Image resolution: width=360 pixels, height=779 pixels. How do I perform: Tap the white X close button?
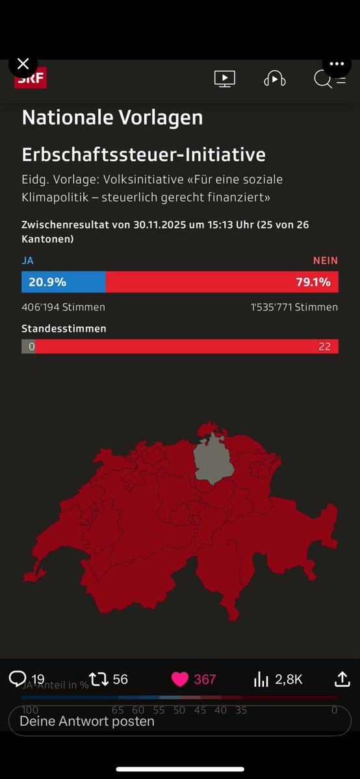click(x=23, y=64)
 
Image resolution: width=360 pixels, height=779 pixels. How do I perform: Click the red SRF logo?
click(x=31, y=79)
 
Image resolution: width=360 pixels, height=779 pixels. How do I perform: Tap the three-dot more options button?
click(x=336, y=64)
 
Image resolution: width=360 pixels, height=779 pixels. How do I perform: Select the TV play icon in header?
click(x=224, y=79)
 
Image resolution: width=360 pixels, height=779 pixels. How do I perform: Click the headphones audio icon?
click(x=274, y=79)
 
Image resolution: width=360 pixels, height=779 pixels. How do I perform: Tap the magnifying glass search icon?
click(x=322, y=79)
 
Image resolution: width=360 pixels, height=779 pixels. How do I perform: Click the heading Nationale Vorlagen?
click(x=112, y=118)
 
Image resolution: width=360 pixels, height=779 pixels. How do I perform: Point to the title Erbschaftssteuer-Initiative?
click(x=144, y=155)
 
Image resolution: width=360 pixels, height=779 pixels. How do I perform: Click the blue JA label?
click(x=28, y=261)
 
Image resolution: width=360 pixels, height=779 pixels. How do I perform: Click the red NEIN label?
click(x=325, y=261)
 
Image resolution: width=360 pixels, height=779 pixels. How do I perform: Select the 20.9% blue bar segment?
click(x=63, y=282)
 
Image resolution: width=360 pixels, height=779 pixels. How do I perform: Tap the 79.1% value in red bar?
click(x=314, y=282)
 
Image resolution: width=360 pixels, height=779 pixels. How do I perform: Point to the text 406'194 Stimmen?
click(x=63, y=307)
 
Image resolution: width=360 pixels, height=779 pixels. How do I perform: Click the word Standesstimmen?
click(x=64, y=329)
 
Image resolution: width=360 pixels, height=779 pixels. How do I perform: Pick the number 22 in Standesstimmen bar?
click(x=324, y=346)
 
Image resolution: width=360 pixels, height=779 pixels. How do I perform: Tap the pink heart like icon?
click(x=179, y=680)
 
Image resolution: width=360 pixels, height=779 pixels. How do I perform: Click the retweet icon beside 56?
click(x=99, y=680)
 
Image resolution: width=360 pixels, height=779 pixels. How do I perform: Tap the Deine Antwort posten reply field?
click(x=179, y=721)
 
